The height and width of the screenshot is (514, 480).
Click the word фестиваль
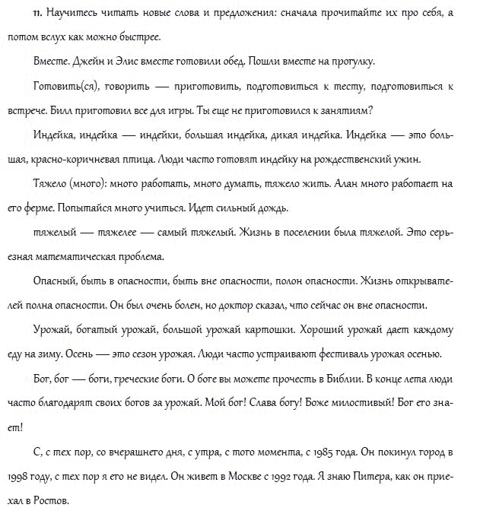344,354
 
